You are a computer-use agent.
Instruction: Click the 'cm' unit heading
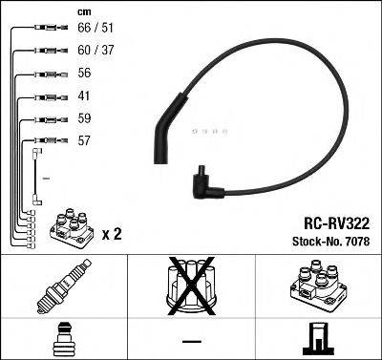coord(84,11)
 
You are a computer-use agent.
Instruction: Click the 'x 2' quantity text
coord(112,233)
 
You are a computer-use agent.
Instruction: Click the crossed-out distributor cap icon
coord(190,287)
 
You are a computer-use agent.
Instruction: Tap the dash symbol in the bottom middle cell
coord(191,340)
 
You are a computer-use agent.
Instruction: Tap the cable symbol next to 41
coord(46,96)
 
